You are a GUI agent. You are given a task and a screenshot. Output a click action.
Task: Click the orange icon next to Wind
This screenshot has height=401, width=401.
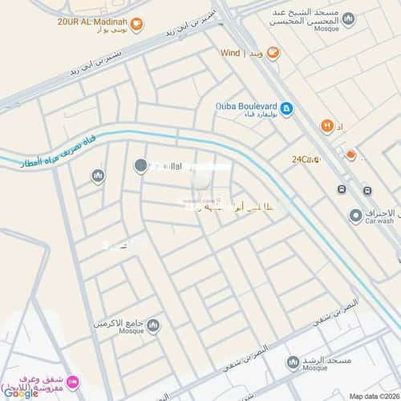273,53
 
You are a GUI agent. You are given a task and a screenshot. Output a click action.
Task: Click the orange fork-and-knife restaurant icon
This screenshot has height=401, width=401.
326,126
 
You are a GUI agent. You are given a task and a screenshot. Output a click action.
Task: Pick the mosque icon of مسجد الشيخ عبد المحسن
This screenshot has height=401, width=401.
348,18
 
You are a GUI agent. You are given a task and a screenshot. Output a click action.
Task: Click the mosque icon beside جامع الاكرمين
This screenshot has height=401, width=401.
152,325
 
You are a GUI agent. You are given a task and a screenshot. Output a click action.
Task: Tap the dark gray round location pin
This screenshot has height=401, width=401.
140,166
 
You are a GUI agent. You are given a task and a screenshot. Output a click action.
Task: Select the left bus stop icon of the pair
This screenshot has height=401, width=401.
342,190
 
